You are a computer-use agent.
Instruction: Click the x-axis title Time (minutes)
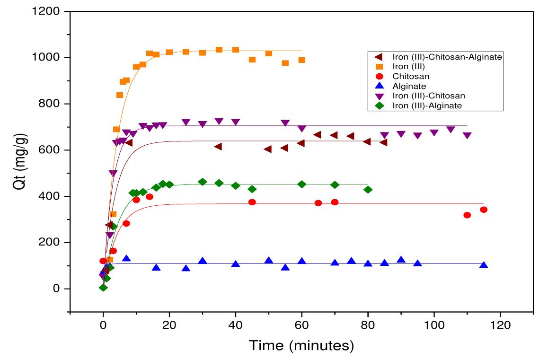tap(301, 346)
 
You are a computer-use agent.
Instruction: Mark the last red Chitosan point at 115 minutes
tap(484, 210)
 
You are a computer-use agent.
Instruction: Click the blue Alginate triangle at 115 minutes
tap(484, 265)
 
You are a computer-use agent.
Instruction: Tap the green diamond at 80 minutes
tap(368, 189)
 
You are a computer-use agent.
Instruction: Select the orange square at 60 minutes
tap(301, 60)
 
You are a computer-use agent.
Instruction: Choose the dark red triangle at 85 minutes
tap(384, 142)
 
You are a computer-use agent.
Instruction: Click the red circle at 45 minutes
tap(252, 202)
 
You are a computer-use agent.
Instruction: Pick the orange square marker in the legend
tap(379, 66)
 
